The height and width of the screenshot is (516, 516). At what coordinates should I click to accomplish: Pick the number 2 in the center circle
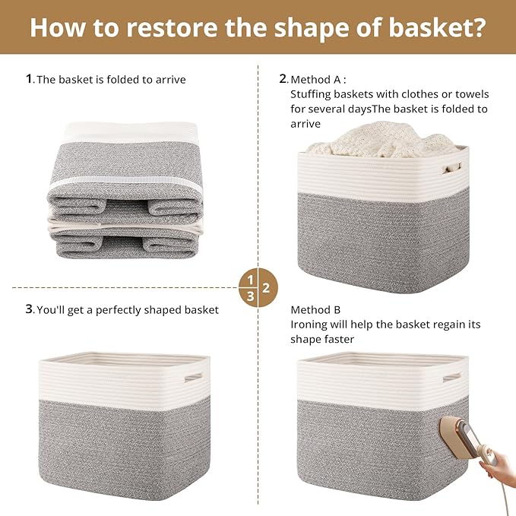click(x=266, y=288)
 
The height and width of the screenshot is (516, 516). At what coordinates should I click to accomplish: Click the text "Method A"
click(x=318, y=78)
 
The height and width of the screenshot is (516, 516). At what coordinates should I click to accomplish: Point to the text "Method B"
click(x=315, y=310)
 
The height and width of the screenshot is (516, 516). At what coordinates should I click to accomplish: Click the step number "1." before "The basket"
click(x=30, y=78)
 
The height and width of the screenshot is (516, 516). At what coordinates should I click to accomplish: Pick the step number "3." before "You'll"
click(x=30, y=309)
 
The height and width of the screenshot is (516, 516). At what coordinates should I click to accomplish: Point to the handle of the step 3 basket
click(x=193, y=376)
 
